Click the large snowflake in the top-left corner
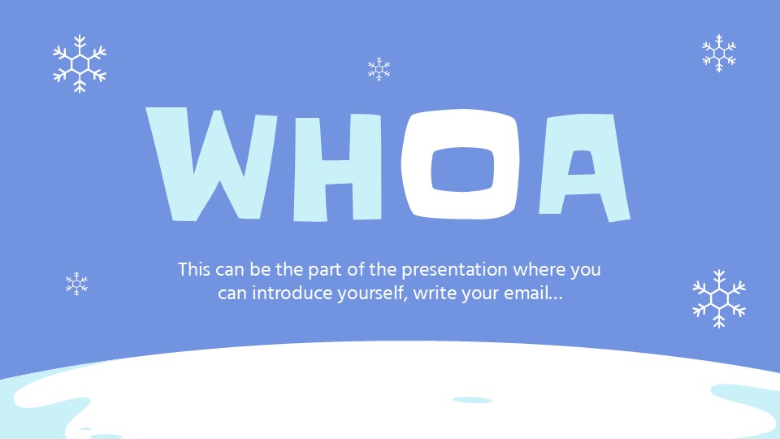click(x=80, y=63)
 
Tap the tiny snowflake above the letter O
click(x=379, y=69)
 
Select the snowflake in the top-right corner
click(x=719, y=54)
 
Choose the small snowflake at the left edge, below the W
click(x=76, y=284)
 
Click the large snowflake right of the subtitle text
click(x=719, y=298)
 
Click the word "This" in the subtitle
click(x=194, y=269)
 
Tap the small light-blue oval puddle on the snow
click(x=472, y=400)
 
